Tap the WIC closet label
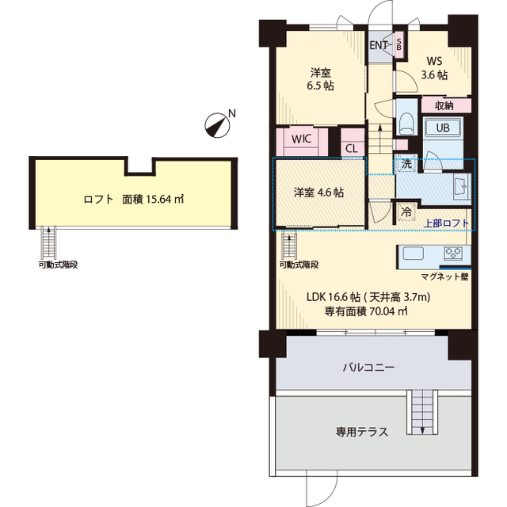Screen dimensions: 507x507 (x=300, y=138)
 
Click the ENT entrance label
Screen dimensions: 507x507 (x=379, y=45)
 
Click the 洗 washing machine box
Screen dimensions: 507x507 (x=406, y=165)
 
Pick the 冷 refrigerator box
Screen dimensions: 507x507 (x=405, y=212)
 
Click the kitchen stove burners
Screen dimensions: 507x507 (x=454, y=254)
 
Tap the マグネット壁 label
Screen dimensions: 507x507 (x=444, y=276)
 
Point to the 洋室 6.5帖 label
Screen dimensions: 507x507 (x=320, y=78)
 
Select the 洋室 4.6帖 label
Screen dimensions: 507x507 (x=318, y=192)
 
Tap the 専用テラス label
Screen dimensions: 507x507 (x=361, y=432)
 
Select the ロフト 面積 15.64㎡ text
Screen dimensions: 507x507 (x=134, y=200)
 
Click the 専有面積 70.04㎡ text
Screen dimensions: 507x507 (x=366, y=311)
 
